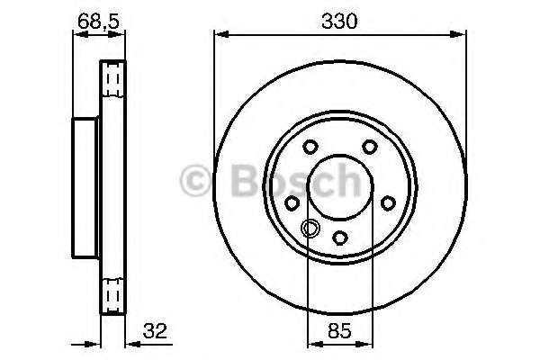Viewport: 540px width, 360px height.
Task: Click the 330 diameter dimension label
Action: pyautogui.click(x=340, y=20)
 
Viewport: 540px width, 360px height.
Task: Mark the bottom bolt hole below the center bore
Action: pyautogui.click(x=340, y=237)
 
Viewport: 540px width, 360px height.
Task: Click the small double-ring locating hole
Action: pyautogui.click(x=310, y=228)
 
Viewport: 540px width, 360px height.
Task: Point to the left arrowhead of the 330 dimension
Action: pyautogui.click(x=220, y=35)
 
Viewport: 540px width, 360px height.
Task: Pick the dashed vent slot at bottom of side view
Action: pyautogui.click(x=112, y=293)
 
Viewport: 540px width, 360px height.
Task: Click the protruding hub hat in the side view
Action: pyautogui.click(x=85, y=186)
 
